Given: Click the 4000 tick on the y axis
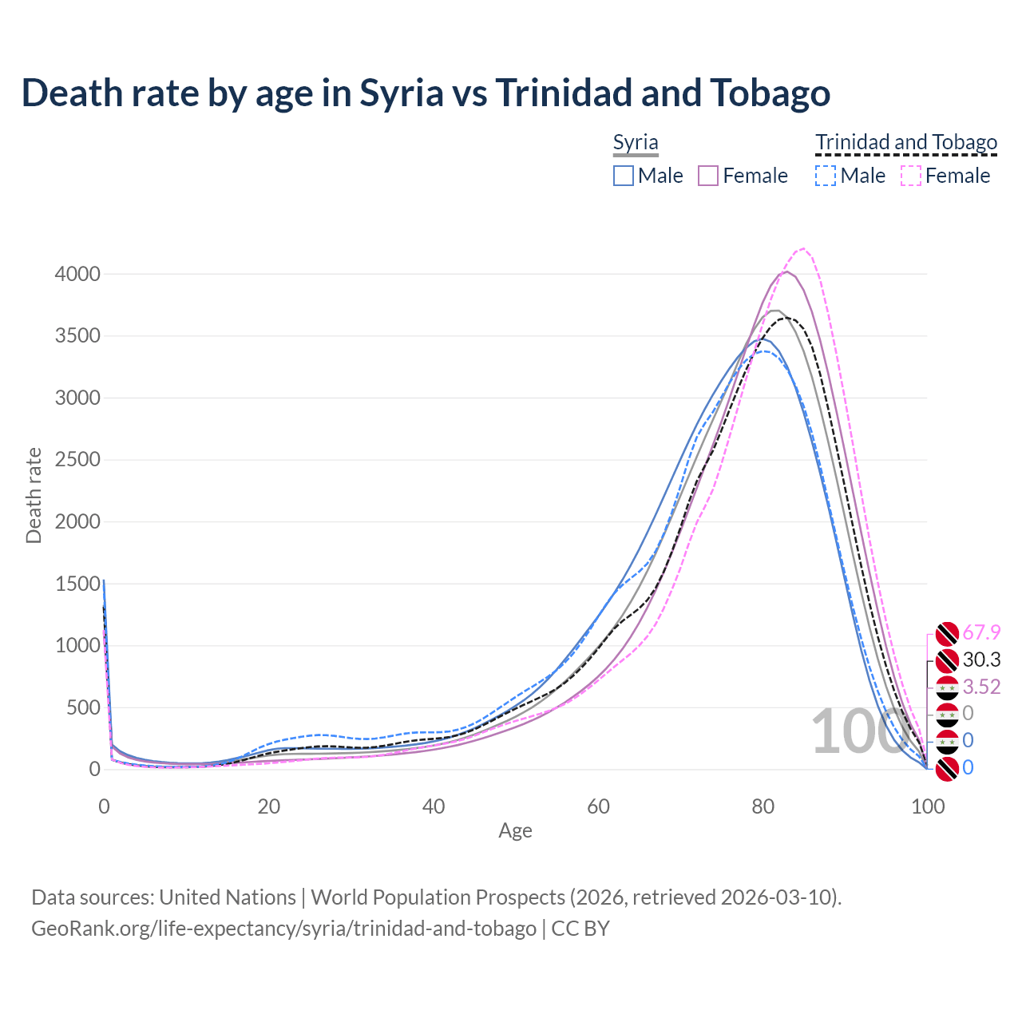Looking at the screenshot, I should [77, 275].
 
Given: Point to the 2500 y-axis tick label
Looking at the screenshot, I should [77, 460].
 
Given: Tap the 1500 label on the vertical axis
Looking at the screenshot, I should [77, 584].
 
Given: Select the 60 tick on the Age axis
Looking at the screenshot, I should [598, 806].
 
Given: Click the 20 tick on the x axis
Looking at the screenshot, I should [268, 806].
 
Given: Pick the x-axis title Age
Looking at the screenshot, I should [515, 831].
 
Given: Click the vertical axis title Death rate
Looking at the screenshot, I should [34, 495].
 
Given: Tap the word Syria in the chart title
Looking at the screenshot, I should [401, 93].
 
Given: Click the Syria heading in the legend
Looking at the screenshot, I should [636, 143].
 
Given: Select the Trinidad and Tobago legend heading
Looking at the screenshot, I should [906, 143].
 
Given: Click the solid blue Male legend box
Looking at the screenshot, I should [624, 176].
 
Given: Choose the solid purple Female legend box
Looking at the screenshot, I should [708, 176].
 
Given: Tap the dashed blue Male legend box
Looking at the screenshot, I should [826, 176].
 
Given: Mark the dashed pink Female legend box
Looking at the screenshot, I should [911, 176].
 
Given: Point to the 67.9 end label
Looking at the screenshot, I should [981, 633].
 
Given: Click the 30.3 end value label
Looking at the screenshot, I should [981, 660].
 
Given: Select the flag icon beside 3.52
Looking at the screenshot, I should [947, 687].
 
